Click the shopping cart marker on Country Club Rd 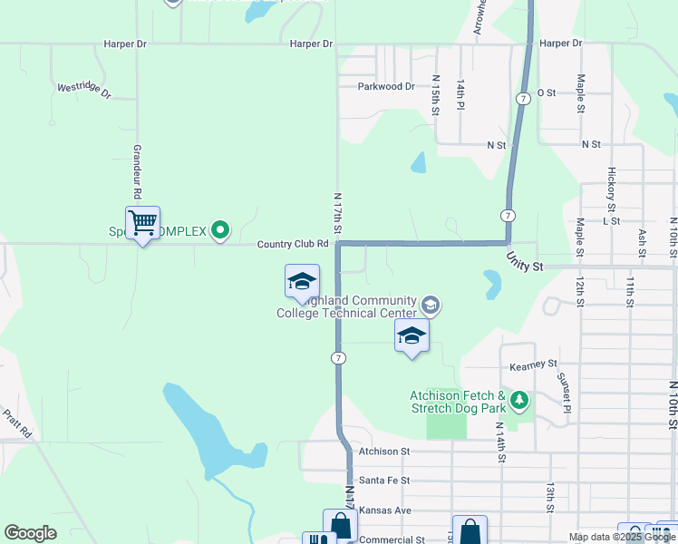point(142,222)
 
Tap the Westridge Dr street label point(83,90)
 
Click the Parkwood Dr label point(386,87)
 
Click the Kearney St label point(533,364)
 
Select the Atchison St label point(384,451)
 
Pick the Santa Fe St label point(384,480)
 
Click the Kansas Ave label point(385,510)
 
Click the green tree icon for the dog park point(518,399)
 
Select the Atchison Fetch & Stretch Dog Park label point(458,402)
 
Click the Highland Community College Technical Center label point(346,306)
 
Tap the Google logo point(30,533)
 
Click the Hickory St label point(612,184)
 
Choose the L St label point(610,220)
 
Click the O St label point(546,92)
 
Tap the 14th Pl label point(460,95)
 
